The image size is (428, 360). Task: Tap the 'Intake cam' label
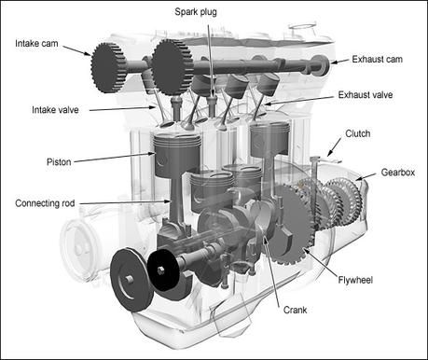point(35,43)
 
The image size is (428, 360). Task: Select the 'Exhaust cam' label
point(378,60)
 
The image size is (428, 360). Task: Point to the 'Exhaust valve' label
point(379,95)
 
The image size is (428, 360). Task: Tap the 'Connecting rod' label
point(46,202)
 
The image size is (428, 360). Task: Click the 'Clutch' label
point(356,134)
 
